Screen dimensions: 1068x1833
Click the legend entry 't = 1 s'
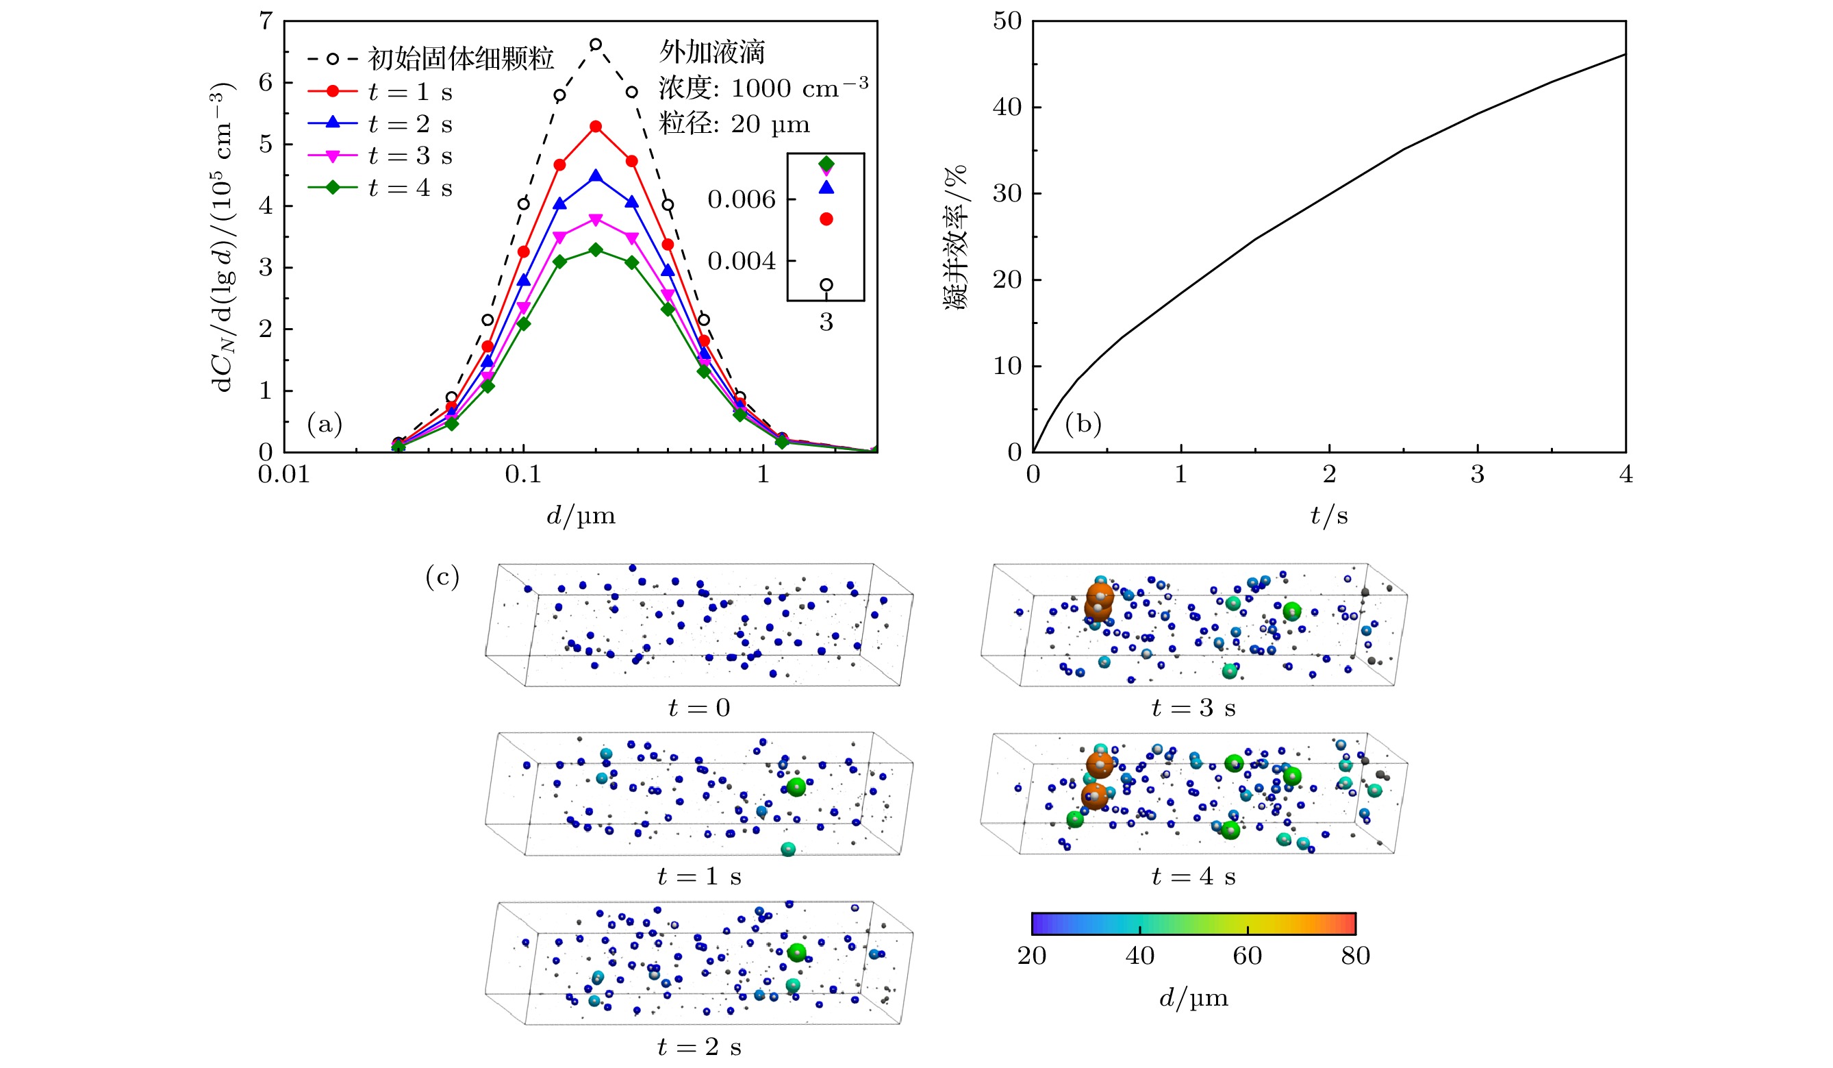tap(409, 92)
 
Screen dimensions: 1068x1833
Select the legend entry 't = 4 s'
tap(409, 188)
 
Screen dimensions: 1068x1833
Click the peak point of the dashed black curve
tap(596, 45)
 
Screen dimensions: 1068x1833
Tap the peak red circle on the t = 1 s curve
tap(596, 127)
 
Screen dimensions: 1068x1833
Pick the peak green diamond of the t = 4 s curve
tap(596, 249)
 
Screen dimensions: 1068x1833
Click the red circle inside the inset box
tap(826, 219)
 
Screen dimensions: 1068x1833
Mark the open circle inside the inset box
tap(826, 284)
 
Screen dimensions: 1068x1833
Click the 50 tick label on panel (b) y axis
tap(1007, 22)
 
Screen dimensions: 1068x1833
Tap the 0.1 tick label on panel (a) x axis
tap(523, 474)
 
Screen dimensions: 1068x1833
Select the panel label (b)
tap(1083, 423)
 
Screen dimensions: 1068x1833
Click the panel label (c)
tap(442, 577)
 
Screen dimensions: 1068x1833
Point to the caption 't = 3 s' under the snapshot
tap(1193, 708)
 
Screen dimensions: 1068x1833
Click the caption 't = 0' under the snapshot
tap(699, 708)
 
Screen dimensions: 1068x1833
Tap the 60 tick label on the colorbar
tap(1248, 956)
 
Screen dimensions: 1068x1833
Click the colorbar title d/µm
tap(1193, 998)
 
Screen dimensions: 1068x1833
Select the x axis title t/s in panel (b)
tap(1329, 516)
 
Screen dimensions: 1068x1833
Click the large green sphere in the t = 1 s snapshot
tap(796, 786)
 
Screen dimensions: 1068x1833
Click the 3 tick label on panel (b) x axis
tap(1478, 474)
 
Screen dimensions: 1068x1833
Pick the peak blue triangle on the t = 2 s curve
tap(596, 176)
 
